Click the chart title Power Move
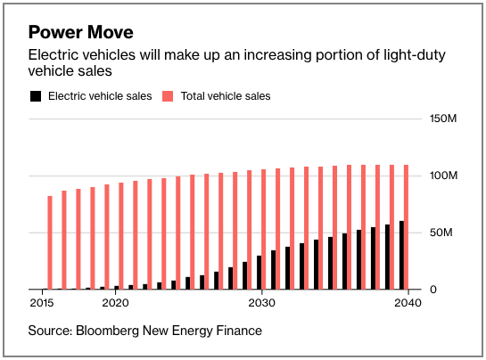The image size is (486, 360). pos(81,33)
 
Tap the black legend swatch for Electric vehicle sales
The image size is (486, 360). pos(36,95)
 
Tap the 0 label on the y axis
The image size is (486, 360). pos(433,290)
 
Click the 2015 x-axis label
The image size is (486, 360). pos(41,303)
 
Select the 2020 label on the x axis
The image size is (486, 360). pos(115,303)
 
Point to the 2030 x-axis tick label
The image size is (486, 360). pos(261,303)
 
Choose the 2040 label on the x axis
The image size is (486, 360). pos(408,303)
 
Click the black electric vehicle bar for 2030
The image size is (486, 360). pos(259,273)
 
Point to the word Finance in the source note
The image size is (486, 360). pos(238,331)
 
